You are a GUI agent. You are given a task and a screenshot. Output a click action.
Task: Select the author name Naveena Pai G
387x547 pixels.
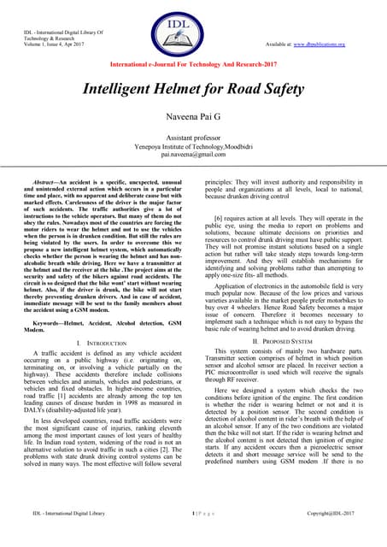(193, 118)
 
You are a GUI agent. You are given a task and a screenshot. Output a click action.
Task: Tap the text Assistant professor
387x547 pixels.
(193, 138)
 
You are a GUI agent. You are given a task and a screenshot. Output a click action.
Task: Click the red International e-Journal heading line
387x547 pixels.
(193, 63)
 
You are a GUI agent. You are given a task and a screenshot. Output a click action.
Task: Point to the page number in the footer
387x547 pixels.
(193, 537)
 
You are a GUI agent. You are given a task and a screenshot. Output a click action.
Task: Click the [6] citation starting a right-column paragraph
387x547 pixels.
(220, 219)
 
